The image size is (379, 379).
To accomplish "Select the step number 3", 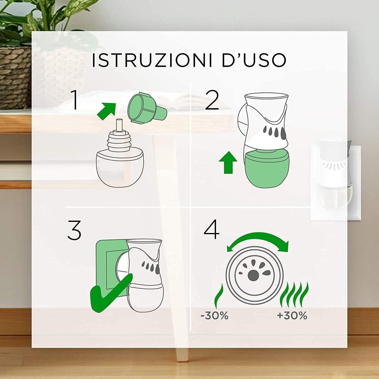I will click(74, 230).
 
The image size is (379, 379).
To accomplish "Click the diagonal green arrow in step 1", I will click(106, 111).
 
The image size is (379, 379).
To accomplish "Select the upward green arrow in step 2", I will click(228, 163).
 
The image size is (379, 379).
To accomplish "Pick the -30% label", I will click(214, 316).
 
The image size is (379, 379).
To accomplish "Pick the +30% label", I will click(292, 316).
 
